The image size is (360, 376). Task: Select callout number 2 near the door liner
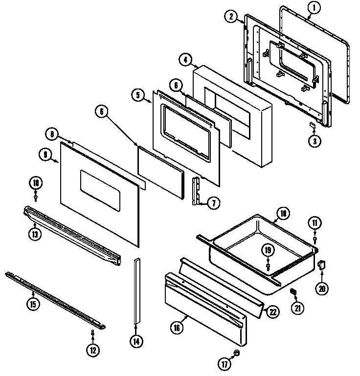[x=231, y=17]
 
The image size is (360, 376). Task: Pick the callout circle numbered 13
[x=35, y=234]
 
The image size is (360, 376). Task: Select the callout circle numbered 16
[x=178, y=328]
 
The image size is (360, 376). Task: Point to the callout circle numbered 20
[x=321, y=289]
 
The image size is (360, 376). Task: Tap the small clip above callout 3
[x=312, y=126]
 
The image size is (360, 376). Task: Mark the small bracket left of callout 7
[x=197, y=192]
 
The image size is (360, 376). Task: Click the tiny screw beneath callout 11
[x=315, y=239]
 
